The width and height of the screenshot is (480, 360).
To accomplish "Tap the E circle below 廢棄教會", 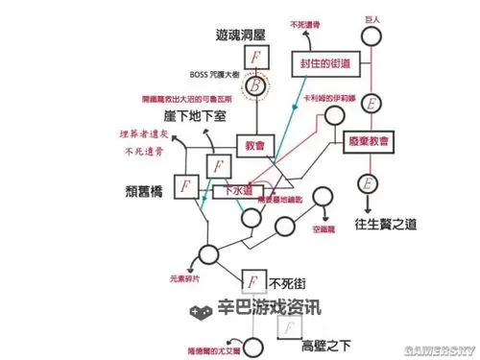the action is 367,181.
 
